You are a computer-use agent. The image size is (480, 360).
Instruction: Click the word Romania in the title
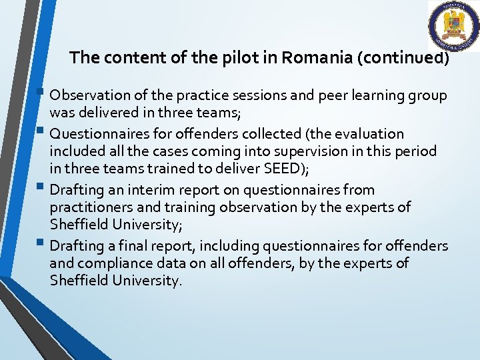[x=317, y=57]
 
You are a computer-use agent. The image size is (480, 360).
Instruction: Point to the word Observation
[x=89, y=95]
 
